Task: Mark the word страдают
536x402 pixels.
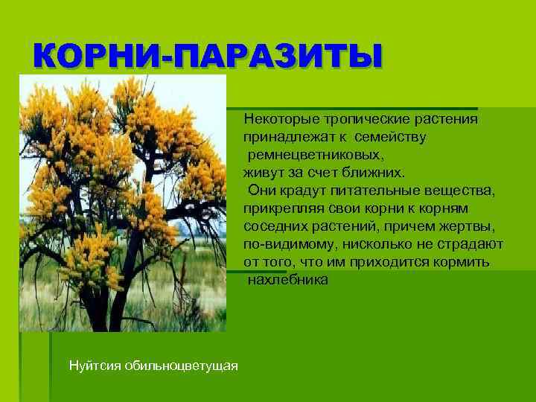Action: point(471,244)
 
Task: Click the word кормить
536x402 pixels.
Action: point(463,262)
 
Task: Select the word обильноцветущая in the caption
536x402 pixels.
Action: point(181,366)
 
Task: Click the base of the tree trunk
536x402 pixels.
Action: point(98,324)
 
